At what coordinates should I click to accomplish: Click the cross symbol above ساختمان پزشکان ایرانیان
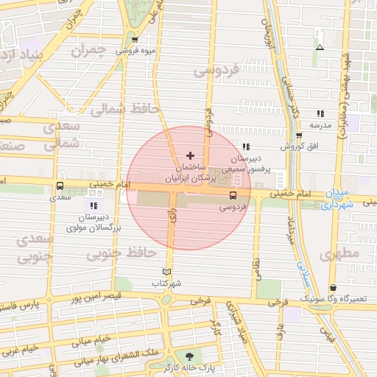tap(191, 155)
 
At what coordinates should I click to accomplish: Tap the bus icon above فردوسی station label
tap(233, 196)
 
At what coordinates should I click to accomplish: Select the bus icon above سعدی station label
tap(60, 186)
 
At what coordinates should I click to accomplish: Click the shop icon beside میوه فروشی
tap(134, 40)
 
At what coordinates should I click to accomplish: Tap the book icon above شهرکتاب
tap(166, 271)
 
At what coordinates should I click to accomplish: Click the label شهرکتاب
tap(166, 283)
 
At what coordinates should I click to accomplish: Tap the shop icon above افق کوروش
tap(299, 135)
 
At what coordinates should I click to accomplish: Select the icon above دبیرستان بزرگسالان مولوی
tap(94, 205)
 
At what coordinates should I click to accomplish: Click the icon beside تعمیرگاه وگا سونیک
tap(334, 287)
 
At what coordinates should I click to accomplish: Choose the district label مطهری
tap(339, 254)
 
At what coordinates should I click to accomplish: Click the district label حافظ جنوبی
tap(121, 253)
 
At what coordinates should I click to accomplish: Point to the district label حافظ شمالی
tap(124, 109)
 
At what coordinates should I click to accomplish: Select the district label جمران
tap(89, 51)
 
